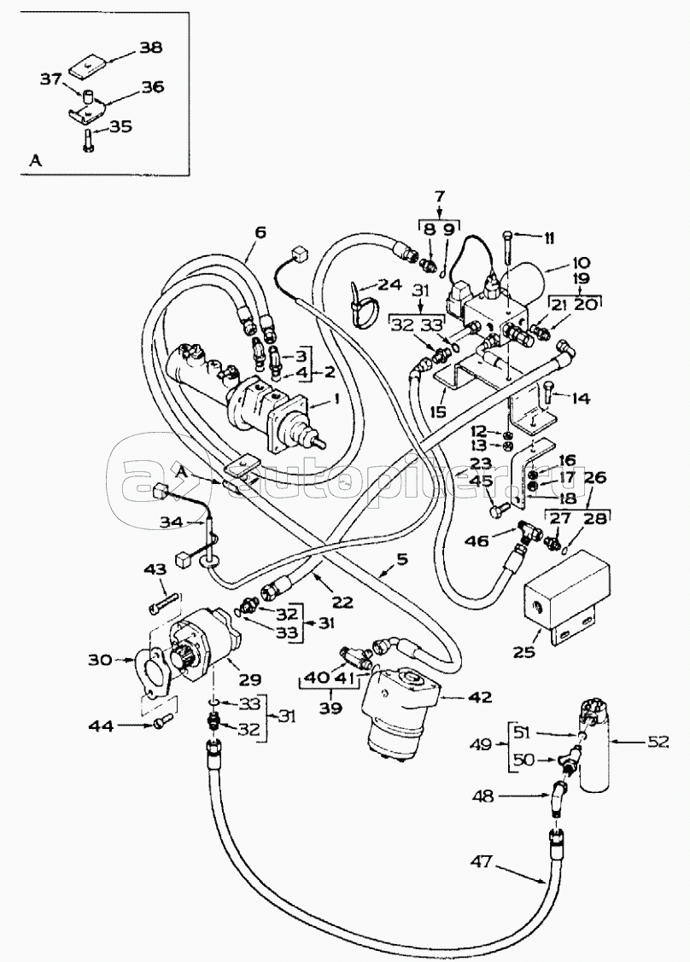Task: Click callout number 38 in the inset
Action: pos(150,49)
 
